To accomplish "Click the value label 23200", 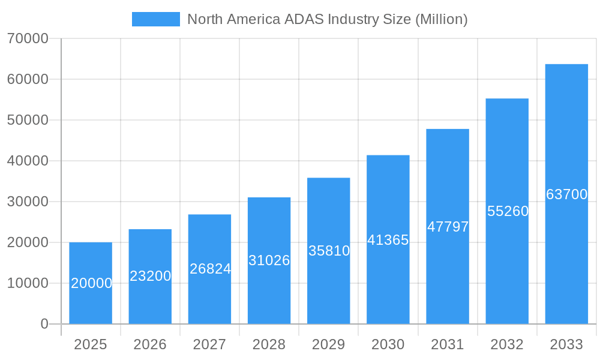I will pyautogui.click(x=151, y=276).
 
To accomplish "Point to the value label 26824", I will pyautogui.click(x=210, y=269).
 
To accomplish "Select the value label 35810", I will pyautogui.click(x=329, y=251).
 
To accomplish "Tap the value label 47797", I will pyautogui.click(x=448, y=227).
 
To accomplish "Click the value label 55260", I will pyautogui.click(x=508, y=211).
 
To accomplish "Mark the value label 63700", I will pyautogui.click(x=566, y=194).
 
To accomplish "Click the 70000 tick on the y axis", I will pyautogui.click(x=28, y=39).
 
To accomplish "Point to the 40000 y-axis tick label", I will pyautogui.click(x=28, y=161).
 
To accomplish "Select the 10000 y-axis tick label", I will pyautogui.click(x=28, y=283).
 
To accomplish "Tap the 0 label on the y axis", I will pyautogui.click(x=44, y=324).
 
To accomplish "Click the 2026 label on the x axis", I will pyautogui.click(x=150, y=344).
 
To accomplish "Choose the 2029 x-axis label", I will pyautogui.click(x=329, y=344).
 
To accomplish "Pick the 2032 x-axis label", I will pyautogui.click(x=507, y=344).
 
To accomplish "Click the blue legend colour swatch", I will pyautogui.click(x=156, y=19).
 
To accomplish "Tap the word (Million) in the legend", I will pyautogui.click(x=441, y=19).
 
